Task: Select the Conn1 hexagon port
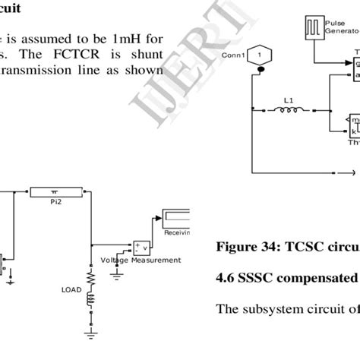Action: tap(259, 55)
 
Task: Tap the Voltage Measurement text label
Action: tap(141, 261)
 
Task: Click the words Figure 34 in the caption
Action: tap(243, 247)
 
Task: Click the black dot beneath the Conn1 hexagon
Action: tap(259, 70)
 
